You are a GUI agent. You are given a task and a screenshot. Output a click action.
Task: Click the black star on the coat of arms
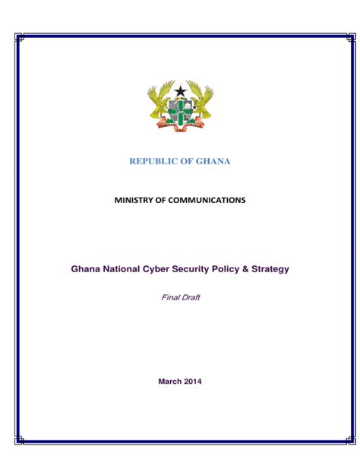180,92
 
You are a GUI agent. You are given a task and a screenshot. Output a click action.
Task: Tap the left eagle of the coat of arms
159,102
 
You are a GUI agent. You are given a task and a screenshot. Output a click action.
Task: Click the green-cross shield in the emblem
180,111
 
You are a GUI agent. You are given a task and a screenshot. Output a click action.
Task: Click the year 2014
193,381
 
